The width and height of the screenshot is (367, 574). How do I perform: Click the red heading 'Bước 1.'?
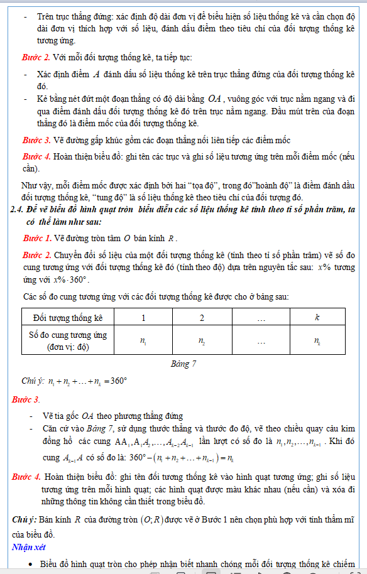[36, 239]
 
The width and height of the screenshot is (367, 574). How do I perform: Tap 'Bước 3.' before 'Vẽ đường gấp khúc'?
[36, 139]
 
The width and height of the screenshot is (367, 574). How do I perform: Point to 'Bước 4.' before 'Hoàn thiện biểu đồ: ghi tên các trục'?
[36, 156]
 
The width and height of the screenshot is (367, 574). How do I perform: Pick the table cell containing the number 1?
[143, 318]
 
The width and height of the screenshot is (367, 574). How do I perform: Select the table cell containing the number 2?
[202, 318]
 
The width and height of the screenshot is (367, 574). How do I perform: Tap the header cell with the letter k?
[317, 318]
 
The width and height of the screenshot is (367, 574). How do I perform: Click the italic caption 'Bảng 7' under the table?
[183, 364]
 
